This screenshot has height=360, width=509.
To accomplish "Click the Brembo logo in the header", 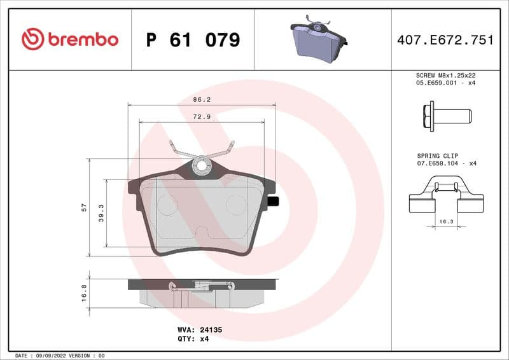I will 70,39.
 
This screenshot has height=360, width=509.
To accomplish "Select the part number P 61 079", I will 193,40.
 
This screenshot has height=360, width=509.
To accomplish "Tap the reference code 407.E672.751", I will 445,40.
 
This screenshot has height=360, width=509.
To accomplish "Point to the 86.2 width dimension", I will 202,100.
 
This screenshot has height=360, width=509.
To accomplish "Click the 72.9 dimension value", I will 202,117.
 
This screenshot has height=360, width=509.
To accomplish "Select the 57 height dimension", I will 84,208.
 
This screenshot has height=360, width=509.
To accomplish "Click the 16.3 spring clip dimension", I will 446,222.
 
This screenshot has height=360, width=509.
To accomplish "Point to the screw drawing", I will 446,116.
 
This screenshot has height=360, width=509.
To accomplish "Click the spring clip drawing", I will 446,198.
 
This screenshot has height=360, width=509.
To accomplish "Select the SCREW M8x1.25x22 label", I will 446,75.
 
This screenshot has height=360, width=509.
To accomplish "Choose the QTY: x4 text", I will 193,339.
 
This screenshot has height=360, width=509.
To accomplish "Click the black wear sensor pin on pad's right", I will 274,202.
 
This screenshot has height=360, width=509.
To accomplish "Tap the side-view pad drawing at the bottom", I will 202,292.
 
